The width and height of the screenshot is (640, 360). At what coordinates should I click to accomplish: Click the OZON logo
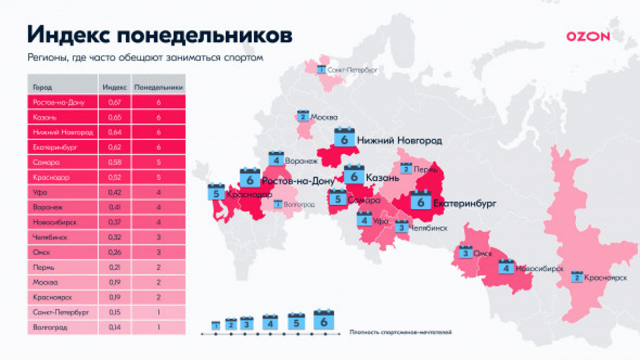(x=588, y=37)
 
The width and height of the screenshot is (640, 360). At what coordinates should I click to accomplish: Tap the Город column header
(x=42, y=87)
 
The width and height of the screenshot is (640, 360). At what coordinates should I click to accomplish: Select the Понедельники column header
(x=158, y=87)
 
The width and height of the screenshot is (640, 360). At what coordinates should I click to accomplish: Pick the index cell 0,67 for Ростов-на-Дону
(x=114, y=102)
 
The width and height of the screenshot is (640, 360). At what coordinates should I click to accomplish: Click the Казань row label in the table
(x=44, y=117)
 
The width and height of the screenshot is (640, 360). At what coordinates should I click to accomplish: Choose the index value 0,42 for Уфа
(x=114, y=192)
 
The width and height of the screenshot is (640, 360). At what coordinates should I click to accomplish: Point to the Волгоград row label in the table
(x=50, y=327)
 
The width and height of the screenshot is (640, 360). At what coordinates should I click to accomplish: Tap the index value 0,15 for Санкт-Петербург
(x=114, y=312)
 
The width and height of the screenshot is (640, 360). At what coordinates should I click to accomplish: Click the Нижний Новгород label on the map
(x=399, y=140)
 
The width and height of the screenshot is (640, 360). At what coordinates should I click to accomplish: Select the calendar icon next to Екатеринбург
(x=421, y=201)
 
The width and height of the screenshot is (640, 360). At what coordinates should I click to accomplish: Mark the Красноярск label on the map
(x=605, y=278)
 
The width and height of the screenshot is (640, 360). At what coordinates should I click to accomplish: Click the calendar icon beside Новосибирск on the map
(x=506, y=267)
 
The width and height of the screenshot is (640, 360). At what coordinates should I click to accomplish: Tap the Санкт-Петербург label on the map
(x=352, y=70)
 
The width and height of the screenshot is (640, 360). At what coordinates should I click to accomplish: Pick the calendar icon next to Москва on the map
(x=303, y=116)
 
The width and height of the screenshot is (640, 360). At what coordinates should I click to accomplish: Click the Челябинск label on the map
(x=428, y=228)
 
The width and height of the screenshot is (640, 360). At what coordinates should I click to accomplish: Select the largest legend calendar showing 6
(x=323, y=320)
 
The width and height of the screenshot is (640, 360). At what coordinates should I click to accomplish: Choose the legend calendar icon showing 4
(x=270, y=323)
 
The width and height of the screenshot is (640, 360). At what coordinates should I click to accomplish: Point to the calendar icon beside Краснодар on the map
(x=216, y=192)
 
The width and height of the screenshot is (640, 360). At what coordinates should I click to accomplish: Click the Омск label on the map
(x=483, y=253)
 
